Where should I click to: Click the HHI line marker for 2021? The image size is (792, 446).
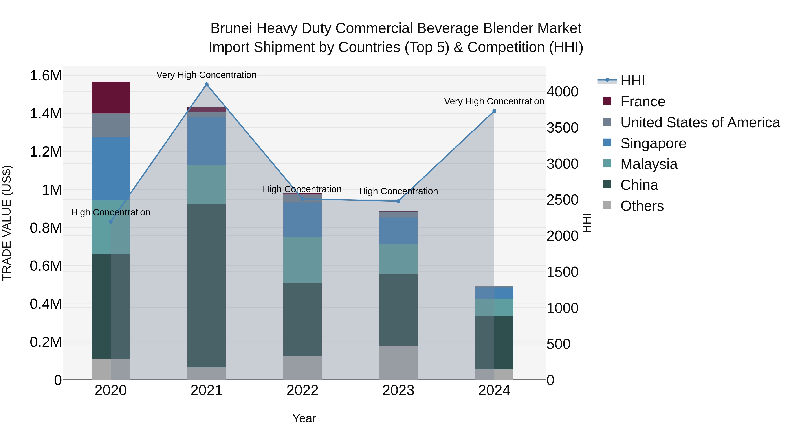pos(207,84)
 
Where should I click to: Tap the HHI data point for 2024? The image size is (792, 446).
pos(494,111)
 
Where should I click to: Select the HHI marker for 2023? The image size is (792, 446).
pos(398,201)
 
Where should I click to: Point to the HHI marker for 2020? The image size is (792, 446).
pos(111,222)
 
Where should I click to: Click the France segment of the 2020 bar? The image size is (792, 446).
pos(111,98)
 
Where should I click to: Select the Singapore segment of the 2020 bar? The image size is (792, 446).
pos(111,169)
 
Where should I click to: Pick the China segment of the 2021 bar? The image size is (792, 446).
pos(207,285)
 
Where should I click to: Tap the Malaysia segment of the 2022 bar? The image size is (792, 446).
pos(302,260)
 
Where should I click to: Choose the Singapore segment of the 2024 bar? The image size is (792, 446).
pos(494,293)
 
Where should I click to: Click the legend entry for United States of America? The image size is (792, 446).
pos(700,122)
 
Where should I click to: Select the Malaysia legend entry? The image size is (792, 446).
pos(649,164)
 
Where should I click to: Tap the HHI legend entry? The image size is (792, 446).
pos(632,81)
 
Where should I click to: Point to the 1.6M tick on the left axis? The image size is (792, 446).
pos(46,76)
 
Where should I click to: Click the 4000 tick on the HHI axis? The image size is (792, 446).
pos(562,92)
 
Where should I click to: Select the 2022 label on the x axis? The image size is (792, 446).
pos(302,390)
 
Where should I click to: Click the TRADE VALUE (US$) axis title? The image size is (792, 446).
pos(7,223)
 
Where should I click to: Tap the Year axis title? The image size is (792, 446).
pos(304,418)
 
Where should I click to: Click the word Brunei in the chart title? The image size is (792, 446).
pos(231,28)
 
